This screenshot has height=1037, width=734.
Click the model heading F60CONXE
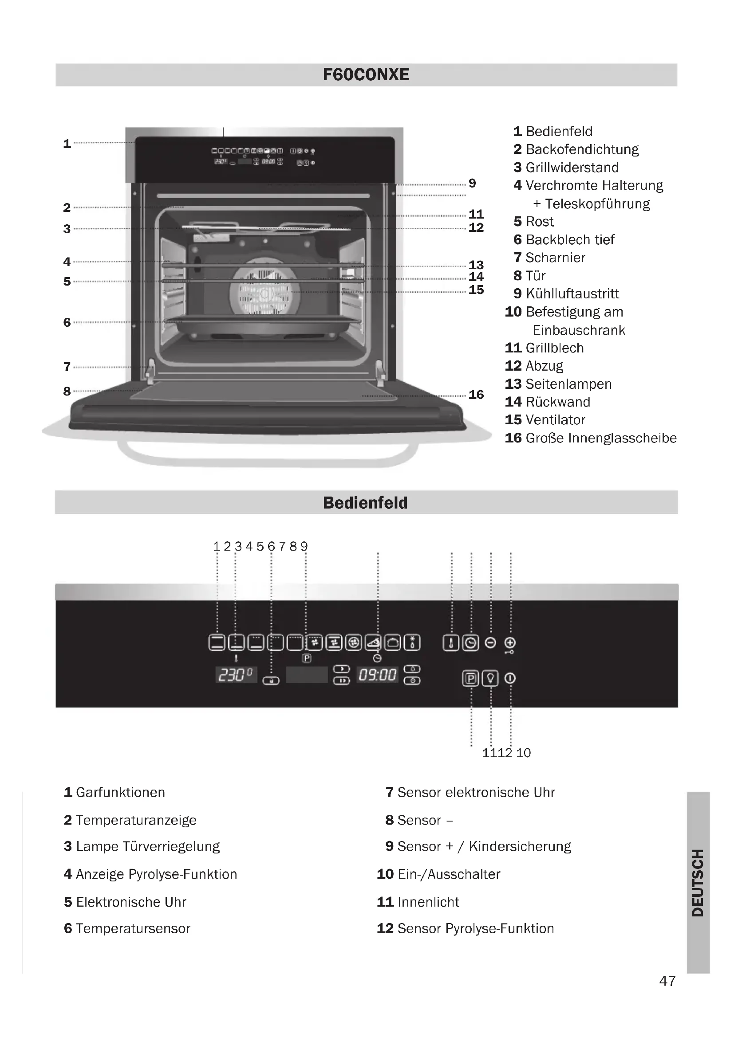(x=366, y=74)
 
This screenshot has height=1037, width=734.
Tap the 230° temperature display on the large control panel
(x=235, y=675)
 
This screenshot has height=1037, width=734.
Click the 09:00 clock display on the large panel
(x=377, y=675)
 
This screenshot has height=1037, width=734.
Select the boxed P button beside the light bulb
(x=470, y=678)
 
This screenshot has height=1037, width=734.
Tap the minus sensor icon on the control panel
(x=490, y=643)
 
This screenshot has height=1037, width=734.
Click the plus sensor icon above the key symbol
(x=510, y=642)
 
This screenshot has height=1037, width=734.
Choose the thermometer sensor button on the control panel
(x=450, y=643)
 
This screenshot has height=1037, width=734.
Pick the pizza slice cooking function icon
(x=373, y=643)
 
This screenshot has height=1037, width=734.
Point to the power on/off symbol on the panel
(x=510, y=678)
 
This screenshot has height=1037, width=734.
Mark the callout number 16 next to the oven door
(x=476, y=395)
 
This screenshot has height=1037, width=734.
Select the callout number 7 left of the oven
(x=67, y=367)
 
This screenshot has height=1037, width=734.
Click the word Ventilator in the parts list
(x=556, y=420)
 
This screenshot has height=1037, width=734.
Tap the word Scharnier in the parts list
(x=556, y=258)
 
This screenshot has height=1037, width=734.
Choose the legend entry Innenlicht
(x=428, y=902)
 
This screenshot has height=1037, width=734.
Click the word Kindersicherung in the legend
(x=520, y=846)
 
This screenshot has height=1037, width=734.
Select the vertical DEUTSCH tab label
(x=698, y=883)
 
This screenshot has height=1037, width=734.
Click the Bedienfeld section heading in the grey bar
(x=366, y=503)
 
